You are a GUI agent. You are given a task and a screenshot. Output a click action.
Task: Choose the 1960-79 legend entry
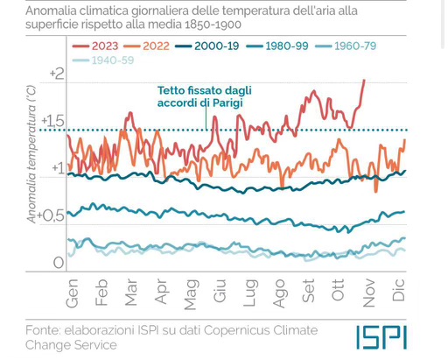point(349,46)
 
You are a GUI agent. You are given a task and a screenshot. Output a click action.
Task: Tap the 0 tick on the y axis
point(58,263)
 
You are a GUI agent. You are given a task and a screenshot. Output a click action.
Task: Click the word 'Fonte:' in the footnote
point(47,330)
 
